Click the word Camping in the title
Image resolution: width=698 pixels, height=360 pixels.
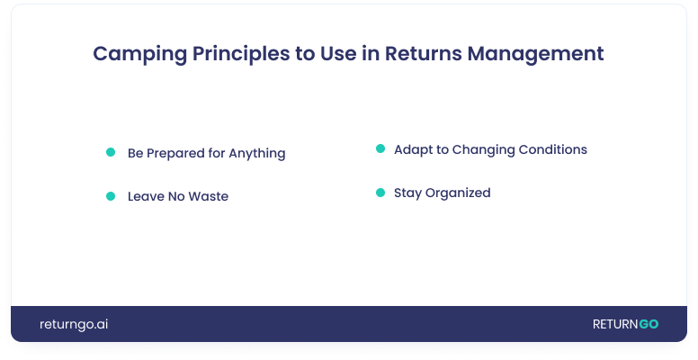click(139, 54)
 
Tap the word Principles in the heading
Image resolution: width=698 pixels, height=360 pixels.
click(241, 54)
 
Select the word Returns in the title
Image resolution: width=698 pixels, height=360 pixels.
click(424, 53)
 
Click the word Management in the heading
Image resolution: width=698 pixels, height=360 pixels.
click(535, 54)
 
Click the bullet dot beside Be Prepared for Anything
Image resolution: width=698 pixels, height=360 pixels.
click(111, 152)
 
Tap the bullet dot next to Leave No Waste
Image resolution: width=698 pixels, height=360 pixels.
click(111, 196)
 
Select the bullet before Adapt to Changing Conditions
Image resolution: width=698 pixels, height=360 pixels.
click(380, 148)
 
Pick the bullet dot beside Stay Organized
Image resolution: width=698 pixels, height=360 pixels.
click(380, 193)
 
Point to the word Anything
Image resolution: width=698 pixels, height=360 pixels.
click(257, 153)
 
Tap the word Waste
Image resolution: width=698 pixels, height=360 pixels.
click(209, 196)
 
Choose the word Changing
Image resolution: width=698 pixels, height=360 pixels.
click(483, 150)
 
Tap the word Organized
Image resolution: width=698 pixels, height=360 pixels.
click(458, 193)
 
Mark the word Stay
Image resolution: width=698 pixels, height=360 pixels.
click(407, 193)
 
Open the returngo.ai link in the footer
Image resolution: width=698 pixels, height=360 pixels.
click(74, 324)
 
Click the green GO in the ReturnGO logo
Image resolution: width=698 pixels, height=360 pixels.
click(649, 324)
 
